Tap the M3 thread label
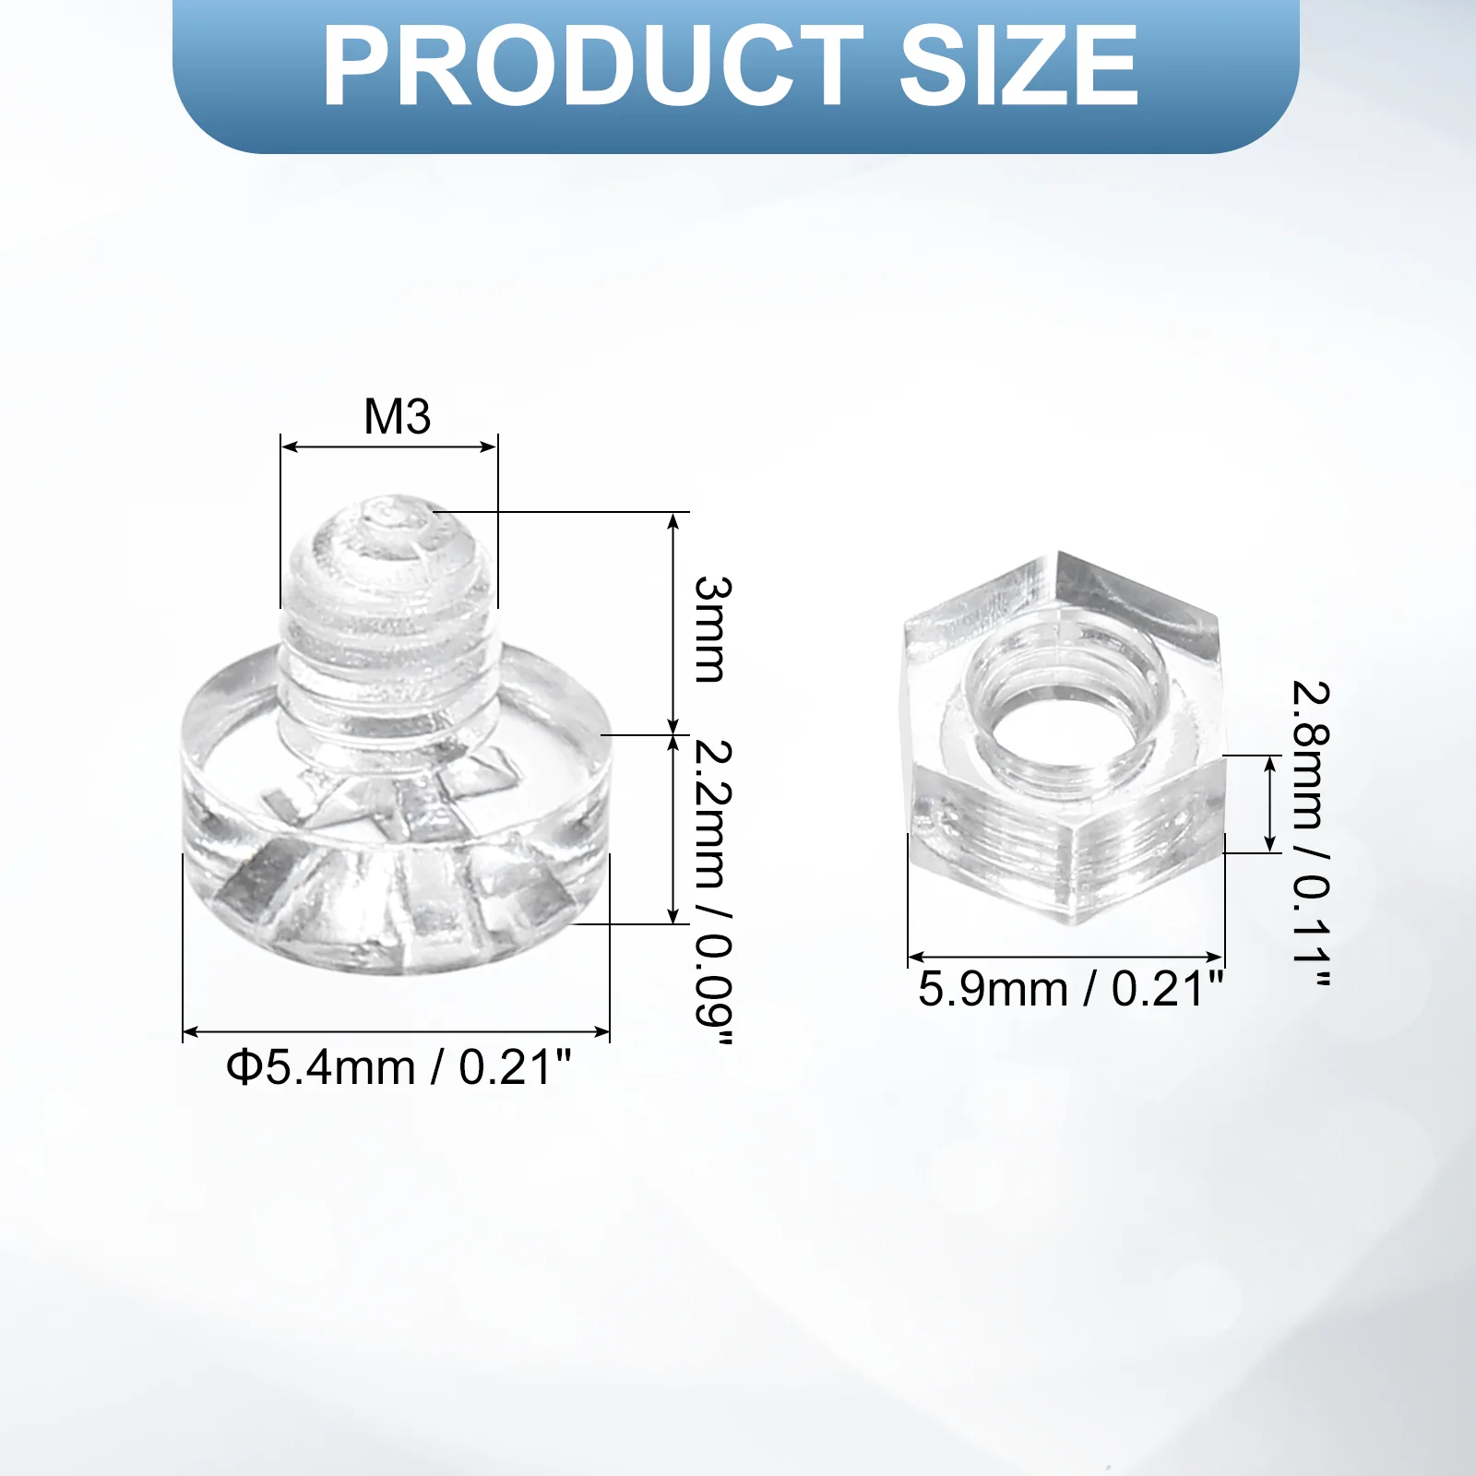click(x=398, y=416)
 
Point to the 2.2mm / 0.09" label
click(x=713, y=893)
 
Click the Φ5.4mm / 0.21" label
click(x=399, y=1067)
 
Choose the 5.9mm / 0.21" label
click(x=1070, y=989)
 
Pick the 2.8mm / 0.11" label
click(x=1310, y=835)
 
